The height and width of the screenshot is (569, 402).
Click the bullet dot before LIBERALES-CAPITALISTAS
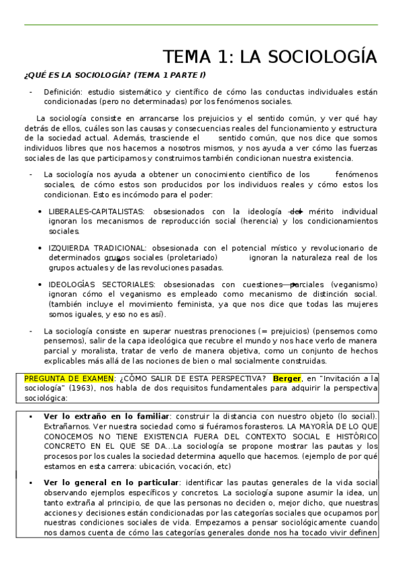point(42,211)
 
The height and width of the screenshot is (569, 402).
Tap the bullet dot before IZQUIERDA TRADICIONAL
point(42,248)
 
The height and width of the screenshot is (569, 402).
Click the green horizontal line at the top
point(201,25)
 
